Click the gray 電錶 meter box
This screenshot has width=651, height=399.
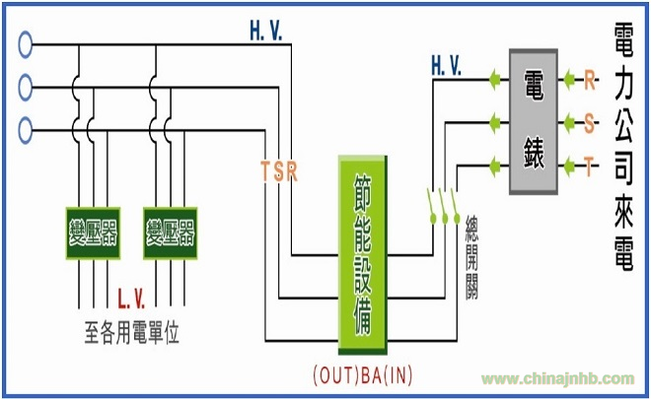534,121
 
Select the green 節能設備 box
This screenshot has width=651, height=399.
363,254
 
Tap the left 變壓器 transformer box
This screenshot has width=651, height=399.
93,233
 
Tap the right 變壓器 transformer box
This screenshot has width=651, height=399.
171,233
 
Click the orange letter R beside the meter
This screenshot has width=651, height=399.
590,79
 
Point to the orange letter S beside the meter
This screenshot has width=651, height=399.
589,123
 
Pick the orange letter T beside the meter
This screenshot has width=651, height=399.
589,166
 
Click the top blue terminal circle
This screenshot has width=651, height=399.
26,44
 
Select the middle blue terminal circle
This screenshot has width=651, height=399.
26,88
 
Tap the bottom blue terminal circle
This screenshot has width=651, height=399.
26,131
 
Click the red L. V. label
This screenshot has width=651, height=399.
131,299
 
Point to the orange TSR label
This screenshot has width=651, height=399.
279,170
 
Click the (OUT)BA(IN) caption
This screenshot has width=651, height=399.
363,374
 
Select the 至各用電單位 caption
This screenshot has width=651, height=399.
132,332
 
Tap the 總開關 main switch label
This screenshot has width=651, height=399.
471,257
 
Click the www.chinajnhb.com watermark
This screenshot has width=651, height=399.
557,378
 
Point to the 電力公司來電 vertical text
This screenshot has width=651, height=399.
623,147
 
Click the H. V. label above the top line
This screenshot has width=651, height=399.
265,31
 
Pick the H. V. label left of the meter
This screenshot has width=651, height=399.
446,66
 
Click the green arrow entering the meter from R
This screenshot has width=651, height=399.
569,79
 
